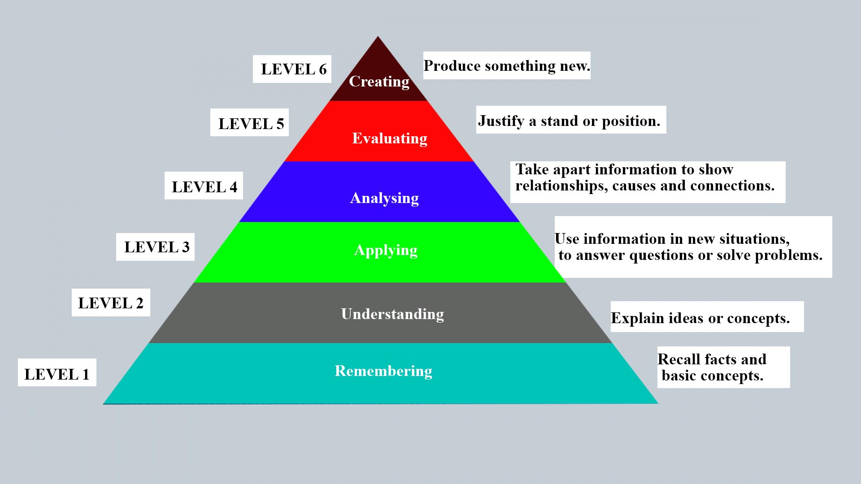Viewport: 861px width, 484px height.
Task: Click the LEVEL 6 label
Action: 292,69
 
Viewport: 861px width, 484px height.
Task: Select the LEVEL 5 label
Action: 250,123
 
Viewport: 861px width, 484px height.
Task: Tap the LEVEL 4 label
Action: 204,186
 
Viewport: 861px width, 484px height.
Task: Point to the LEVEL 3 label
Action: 156,247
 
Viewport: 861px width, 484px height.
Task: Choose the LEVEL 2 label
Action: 111,303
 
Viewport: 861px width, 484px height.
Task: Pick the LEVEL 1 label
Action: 57,374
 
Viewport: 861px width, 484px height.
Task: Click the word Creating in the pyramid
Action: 379,82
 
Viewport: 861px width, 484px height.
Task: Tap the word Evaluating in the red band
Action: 390,138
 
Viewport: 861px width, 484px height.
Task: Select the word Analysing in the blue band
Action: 384,198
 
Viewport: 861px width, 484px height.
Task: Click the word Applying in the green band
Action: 386,250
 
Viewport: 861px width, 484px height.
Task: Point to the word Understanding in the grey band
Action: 392,314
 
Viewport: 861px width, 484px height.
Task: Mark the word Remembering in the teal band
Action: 383,371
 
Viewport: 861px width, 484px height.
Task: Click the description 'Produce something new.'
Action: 507,66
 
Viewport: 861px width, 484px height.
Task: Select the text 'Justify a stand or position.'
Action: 569,121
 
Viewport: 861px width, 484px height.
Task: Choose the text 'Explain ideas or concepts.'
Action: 700,318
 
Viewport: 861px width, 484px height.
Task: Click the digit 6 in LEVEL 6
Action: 322,69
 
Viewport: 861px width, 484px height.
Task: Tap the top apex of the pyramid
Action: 378,38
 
